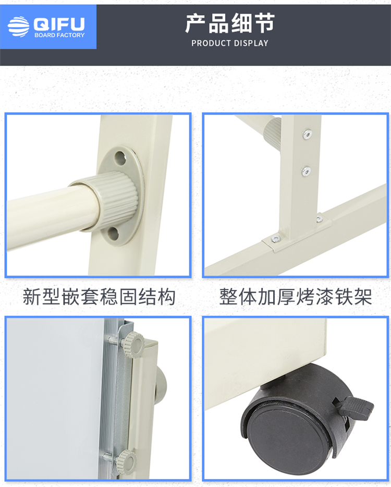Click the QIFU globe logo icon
[19, 27]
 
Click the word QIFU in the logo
[59, 23]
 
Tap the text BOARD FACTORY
[59, 35]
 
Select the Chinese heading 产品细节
[230, 23]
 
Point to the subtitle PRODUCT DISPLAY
[230, 43]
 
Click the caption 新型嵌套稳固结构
[99, 297]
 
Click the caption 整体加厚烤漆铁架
[296, 297]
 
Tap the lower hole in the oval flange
[113, 234]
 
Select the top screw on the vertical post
[307, 134]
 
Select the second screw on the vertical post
[306, 171]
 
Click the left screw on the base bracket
[276, 239]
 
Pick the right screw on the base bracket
[319, 220]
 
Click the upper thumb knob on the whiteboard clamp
[133, 345]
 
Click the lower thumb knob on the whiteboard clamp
[127, 461]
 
